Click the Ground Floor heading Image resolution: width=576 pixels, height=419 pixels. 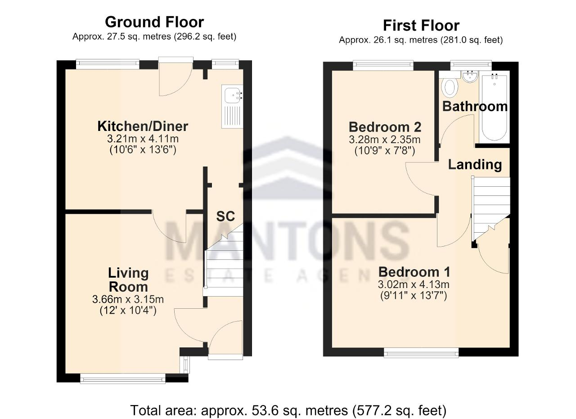click(154, 22)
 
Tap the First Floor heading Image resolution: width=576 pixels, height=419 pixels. click(421, 26)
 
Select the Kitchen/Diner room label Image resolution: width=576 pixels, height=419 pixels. click(143, 126)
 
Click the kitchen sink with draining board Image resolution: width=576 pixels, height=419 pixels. click(232, 107)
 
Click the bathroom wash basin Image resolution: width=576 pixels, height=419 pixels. click(470, 77)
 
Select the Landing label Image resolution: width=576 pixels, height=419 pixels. click(475, 165)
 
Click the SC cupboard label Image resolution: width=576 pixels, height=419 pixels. click(225, 216)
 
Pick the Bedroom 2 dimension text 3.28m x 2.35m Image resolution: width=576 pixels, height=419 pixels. click(385, 140)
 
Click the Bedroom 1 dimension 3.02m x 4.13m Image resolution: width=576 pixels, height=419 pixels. click(414, 284)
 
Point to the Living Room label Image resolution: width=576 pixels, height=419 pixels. click(128, 280)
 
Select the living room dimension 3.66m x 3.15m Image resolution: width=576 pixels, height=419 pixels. click(128, 299)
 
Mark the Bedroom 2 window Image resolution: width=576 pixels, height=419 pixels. click(383, 65)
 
